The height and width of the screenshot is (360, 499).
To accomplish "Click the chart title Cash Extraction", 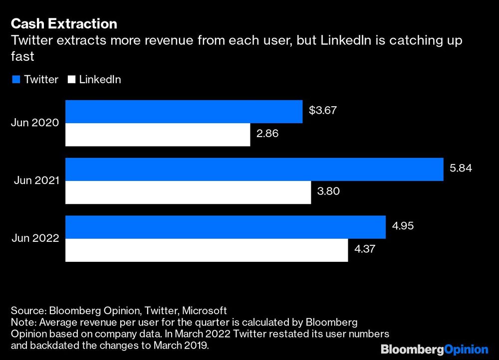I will [x=64, y=23].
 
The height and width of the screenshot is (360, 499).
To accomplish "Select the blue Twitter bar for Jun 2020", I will [x=184, y=111].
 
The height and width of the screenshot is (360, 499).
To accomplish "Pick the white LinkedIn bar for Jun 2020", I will [x=158, y=135].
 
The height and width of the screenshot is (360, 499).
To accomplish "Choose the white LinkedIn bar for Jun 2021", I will [x=188, y=192].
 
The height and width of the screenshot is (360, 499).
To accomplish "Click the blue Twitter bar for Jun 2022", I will [x=226, y=227].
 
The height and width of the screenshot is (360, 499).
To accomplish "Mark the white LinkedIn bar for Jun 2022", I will [x=207, y=250].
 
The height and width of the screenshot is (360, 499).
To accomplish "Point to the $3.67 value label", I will [x=322, y=111].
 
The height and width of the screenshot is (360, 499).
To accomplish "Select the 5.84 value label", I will [x=461, y=169].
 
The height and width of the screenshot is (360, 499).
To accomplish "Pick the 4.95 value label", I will [x=403, y=226].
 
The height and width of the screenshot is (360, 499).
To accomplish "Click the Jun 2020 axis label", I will [x=35, y=123].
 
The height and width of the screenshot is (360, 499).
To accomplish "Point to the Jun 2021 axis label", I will [x=35, y=181].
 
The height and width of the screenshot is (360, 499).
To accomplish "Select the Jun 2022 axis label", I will [x=35, y=239].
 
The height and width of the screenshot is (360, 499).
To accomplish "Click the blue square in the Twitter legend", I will [x=15, y=80].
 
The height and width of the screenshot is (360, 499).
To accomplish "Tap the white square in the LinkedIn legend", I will [x=70, y=80].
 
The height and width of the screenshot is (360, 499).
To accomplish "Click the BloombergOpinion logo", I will [x=434, y=349].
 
